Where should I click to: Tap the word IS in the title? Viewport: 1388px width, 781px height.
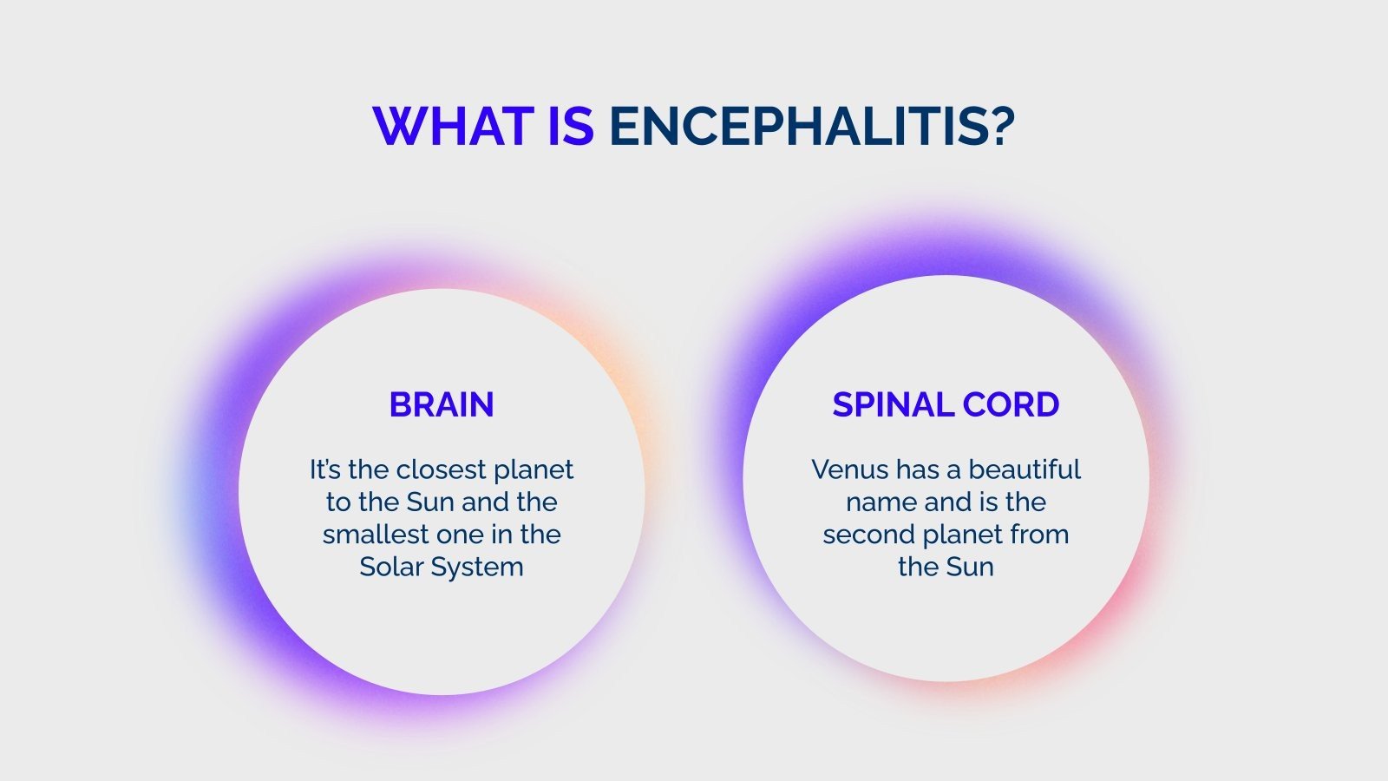point(571,127)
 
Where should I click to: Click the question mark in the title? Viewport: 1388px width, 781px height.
point(1000,127)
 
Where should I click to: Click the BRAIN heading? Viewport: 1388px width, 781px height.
point(442,405)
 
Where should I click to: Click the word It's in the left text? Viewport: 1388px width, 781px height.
point(325,470)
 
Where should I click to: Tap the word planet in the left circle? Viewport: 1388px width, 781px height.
point(534,471)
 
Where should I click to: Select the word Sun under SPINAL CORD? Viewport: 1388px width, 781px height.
point(969,568)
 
